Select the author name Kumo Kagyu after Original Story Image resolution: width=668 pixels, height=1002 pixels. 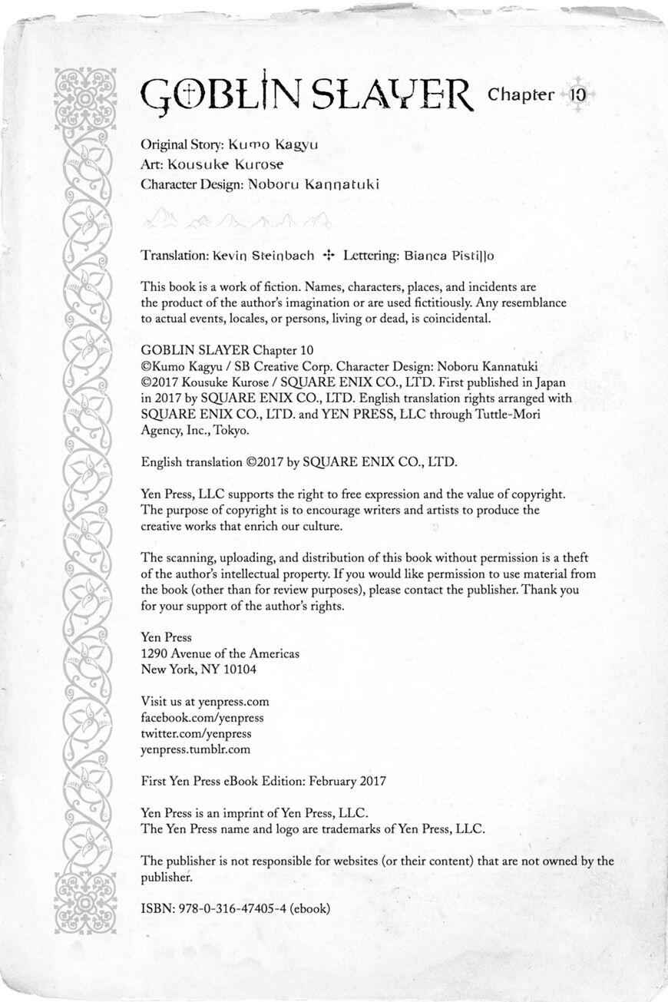pyautogui.click(x=273, y=144)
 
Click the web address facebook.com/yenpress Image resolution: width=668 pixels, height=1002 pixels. pyautogui.click(x=203, y=717)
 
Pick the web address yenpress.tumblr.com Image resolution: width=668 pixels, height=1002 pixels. pyautogui.click(x=196, y=749)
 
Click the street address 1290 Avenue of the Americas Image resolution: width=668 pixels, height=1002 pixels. pyautogui.click(x=220, y=653)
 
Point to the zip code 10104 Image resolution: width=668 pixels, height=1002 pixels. pyautogui.click(x=240, y=669)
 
